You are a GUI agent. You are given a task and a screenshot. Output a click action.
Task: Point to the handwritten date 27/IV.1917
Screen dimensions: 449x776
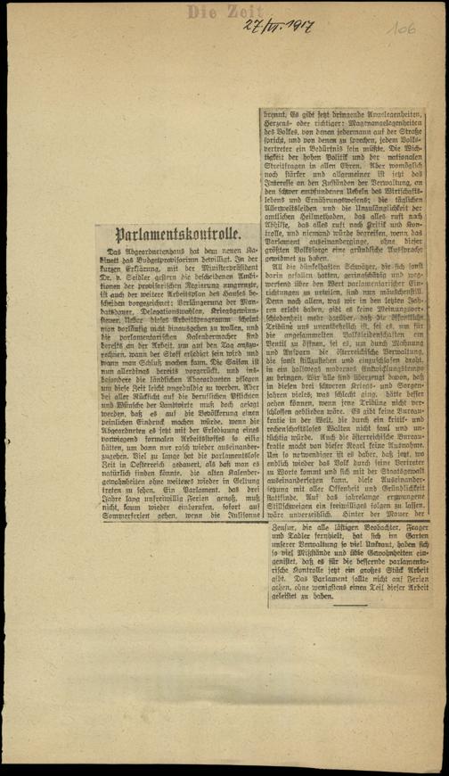(x=275, y=26)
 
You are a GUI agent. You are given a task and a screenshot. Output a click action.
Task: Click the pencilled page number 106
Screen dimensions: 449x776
(x=400, y=29)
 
